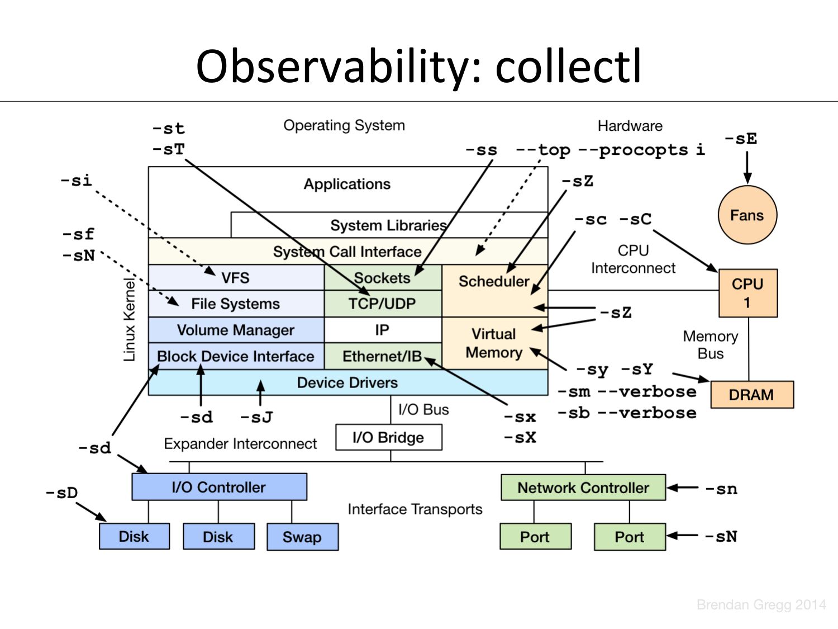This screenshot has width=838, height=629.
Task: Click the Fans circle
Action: click(747, 215)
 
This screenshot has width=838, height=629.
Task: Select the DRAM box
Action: click(752, 395)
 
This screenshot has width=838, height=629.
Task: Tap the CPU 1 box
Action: click(748, 293)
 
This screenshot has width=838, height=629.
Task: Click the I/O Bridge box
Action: click(389, 437)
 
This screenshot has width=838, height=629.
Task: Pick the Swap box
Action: click(302, 537)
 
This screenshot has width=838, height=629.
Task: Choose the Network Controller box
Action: click(583, 488)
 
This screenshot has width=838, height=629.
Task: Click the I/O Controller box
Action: click(219, 487)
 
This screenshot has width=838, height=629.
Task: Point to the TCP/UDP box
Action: click(383, 304)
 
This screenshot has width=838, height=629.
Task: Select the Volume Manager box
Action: click(236, 329)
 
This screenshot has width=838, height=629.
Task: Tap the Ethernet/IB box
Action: click(383, 356)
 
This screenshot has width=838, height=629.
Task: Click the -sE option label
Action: click(741, 138)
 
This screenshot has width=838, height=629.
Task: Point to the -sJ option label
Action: click(256, 417)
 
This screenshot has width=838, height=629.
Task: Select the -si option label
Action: click(77, 180)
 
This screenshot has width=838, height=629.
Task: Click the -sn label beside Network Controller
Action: click(721, 489)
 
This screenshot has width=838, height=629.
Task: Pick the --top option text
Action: click(543, 150)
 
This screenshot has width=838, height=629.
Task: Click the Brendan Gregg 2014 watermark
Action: click(761, 605)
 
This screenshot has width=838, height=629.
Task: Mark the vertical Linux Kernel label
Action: click(130, 319)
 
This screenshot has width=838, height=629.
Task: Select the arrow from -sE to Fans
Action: click(747, 168)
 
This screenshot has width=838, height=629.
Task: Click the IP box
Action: click(383, 329)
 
